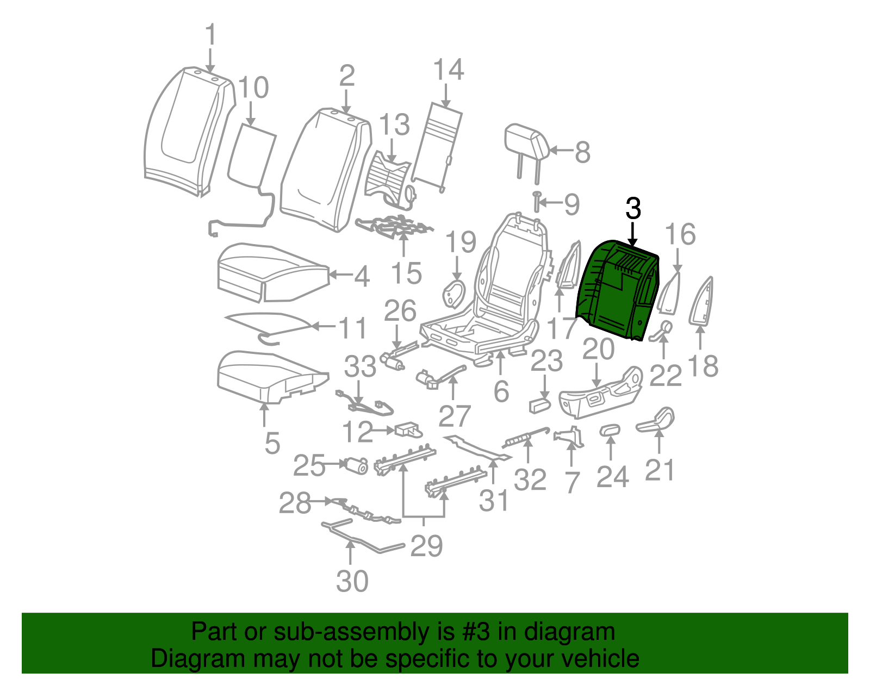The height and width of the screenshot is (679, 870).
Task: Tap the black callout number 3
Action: click(x=633, y=209)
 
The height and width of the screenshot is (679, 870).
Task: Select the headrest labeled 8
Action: click(x=525, y=142)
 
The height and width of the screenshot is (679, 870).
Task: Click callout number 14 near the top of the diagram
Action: click(x=449, y=70)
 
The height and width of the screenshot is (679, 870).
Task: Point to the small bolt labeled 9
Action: click(x=536, y=202)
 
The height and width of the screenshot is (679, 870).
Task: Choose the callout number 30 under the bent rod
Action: click(x=352, y=582)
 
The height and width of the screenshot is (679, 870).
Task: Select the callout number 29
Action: click(x=427, y=545)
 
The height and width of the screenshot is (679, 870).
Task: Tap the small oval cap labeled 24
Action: click(x=609, y=431)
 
